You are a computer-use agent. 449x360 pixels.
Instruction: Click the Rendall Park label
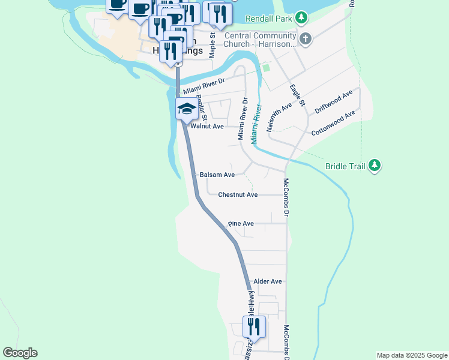point(272,19)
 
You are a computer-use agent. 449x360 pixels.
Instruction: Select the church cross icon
point(306,40)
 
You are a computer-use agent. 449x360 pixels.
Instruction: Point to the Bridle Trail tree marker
point(375,166)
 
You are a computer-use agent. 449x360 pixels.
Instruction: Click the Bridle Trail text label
point(345,166)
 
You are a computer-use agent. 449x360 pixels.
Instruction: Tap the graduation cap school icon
point(186,109)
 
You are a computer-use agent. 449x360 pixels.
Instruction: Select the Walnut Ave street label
point(206,127)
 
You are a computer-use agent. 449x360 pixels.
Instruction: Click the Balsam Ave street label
point(217,175)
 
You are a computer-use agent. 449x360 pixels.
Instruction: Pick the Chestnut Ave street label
point(238,195)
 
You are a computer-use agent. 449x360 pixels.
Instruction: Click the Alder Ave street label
point(268,281)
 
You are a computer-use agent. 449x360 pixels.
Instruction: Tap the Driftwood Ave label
point(333,103)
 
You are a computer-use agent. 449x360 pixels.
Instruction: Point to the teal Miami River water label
point(257,123)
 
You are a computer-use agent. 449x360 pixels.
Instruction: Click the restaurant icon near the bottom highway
point(253,327)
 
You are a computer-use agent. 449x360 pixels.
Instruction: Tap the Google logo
point(20,353)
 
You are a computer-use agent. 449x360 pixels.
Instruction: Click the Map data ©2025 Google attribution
point(411,355)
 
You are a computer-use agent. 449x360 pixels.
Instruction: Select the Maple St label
point(212,44)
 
